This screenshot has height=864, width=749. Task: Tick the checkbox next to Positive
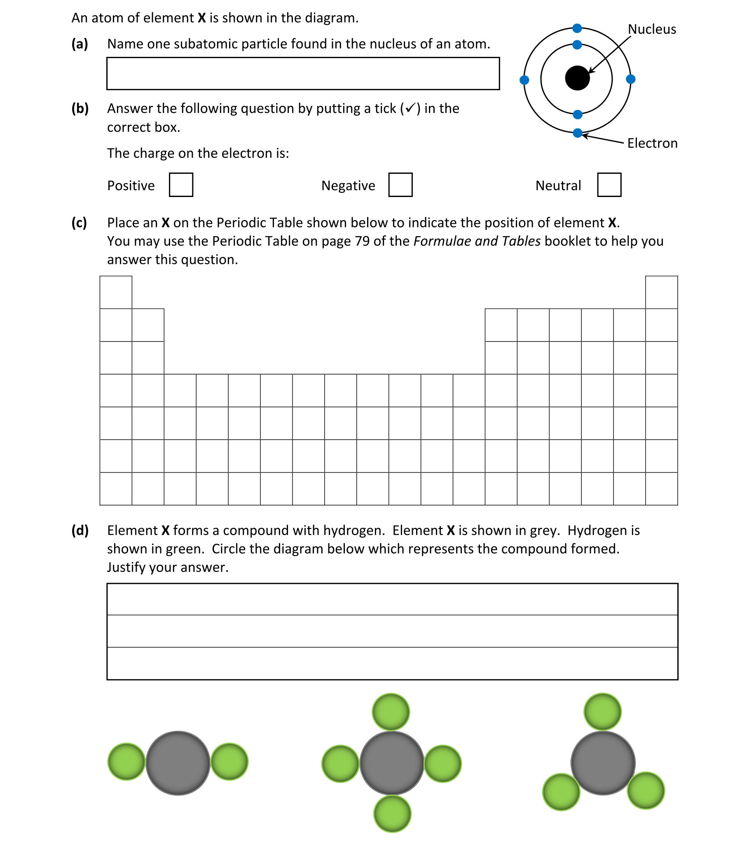pos(181,185)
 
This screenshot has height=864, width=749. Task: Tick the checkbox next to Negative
pos(400,185)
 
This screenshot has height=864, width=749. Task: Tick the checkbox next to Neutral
pos(609,185)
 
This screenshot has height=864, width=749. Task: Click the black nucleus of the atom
pos(577,78)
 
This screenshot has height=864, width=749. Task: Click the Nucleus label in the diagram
pos(652,29)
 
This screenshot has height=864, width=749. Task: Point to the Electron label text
pos(652,143)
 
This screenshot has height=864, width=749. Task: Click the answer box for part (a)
pos(303,74)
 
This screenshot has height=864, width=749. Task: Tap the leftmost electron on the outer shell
pos(524,80)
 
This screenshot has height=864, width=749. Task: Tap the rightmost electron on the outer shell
pos(631,79)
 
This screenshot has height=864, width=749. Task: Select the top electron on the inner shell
pos(577,45)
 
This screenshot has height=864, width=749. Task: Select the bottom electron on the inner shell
pos(578,114)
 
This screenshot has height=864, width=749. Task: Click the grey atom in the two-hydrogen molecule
pos(178,763)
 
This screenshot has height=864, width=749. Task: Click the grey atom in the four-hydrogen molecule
pos(392,763)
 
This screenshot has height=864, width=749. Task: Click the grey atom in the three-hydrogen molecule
pos(603,763)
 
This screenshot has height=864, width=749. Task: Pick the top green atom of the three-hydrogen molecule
pos(602,712)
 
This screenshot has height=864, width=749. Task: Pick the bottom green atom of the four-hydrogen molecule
pos(393,814)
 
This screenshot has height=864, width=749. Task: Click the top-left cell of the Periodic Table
pos(116,292)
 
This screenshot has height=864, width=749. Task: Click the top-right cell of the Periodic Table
pos(661,292)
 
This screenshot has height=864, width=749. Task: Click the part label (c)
pos(79,222)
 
